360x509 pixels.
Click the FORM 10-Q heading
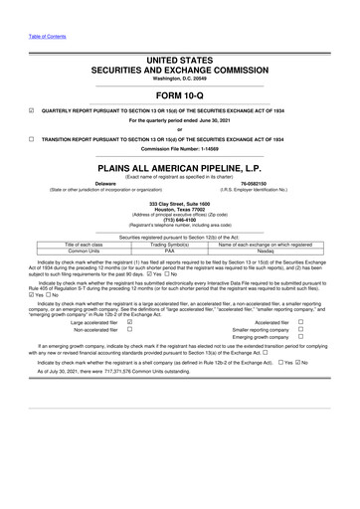click(x=180, y=97)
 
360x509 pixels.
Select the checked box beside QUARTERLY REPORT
click(x=7, y=111)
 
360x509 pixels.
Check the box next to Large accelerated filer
click(x=130, y=322)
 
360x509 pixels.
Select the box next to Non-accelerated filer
click(x=130, y=330)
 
